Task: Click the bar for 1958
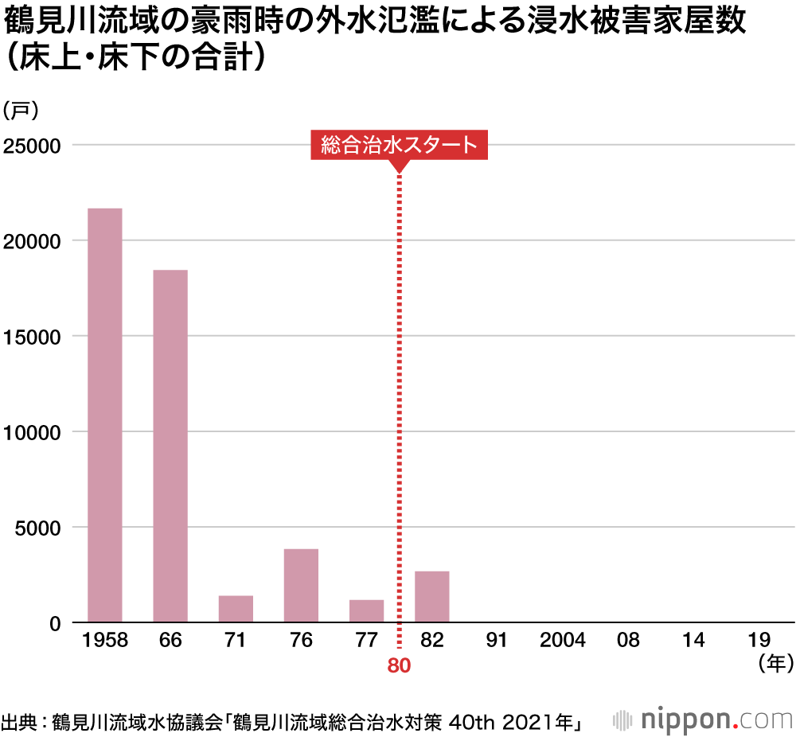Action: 104,415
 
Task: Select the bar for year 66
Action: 170,446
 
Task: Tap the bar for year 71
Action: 236,609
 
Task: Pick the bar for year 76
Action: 301,585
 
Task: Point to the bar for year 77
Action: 366,610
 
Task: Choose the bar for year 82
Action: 431,596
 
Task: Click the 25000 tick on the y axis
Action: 33,146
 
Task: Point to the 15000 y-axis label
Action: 33,337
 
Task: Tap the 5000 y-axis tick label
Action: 38,528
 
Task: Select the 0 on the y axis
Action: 55,623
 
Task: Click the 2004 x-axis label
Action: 562,641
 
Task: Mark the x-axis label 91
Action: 497,641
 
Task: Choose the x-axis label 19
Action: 759,641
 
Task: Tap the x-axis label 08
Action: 628,641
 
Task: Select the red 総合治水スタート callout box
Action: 399,145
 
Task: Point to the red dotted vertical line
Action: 399,398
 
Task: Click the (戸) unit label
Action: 21,110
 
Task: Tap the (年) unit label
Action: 773,662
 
